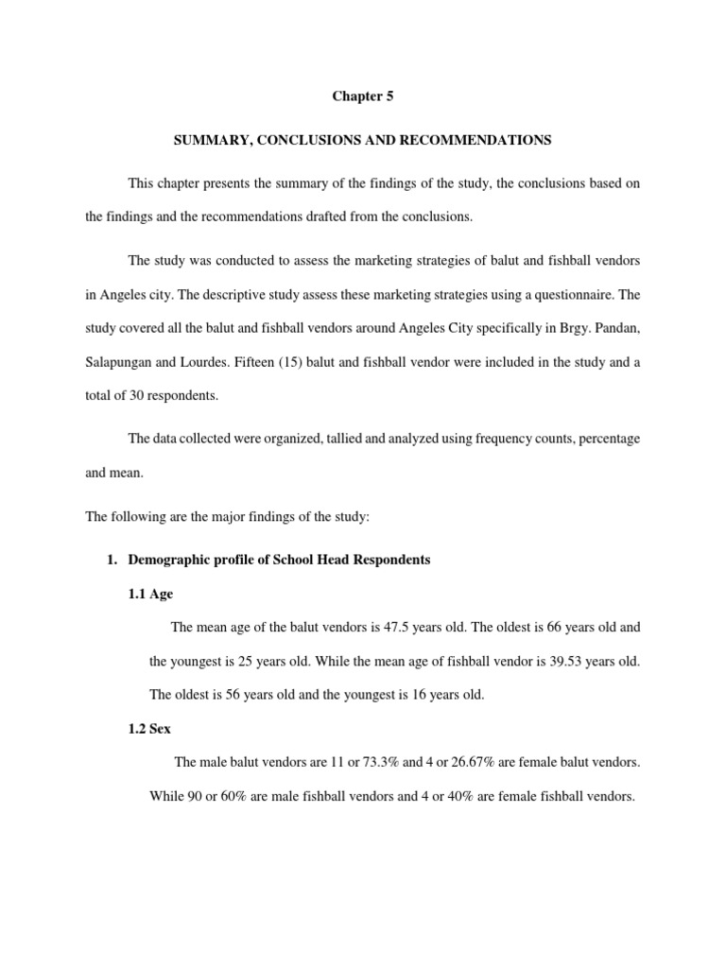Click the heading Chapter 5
coord(362,96)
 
